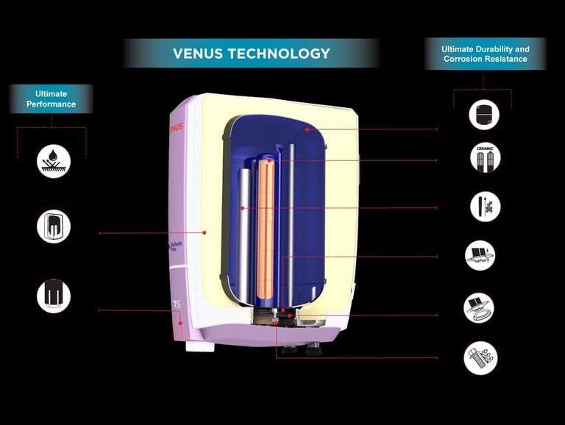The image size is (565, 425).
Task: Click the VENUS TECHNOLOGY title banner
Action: pyautogui.click(x=251, y=53)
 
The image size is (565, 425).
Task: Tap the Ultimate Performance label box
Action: pyautogui.click(x=51, y=99)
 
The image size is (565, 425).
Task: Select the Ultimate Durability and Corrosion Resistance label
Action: pyautogui.click(x=485, y=54)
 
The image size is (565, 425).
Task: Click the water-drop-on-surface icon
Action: pyautogui.click(x=54, y=161)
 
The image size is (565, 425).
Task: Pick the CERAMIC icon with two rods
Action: pyautogui.click(x=484, y=158)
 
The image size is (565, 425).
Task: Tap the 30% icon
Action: pyautogui.click(x=485, y=207)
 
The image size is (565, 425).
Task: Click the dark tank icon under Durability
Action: pyautogui.click(x=484, y=115)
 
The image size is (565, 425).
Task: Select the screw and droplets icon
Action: pyautogui.click(x=480, y=357)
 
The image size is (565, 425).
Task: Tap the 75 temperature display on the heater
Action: pyautogui.click(x=176, y=303)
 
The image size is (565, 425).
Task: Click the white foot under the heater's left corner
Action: pyautogui.click(x=196, y=346)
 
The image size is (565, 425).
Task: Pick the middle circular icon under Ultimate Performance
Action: pyautogui.click(x=54, y=226)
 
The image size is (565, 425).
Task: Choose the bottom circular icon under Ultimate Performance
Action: pyautogui.click(x=54, y=296)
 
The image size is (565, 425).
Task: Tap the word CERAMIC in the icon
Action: pyautogui.click(x=484, y=148)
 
